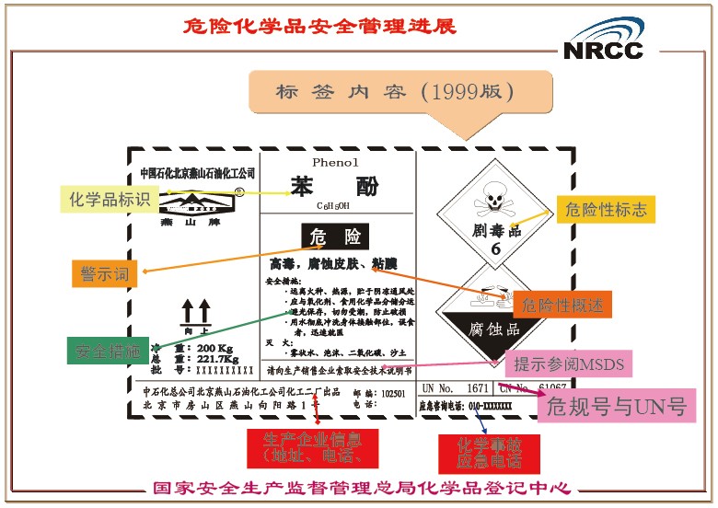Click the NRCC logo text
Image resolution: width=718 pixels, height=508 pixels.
(603, 50)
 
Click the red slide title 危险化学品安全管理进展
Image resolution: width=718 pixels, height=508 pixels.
(320, 25)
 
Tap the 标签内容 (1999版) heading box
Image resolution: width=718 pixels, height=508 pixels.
(394, 92)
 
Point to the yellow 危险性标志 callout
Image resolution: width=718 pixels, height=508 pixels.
(606, 210)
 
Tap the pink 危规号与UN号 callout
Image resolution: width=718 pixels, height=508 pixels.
(617, 405)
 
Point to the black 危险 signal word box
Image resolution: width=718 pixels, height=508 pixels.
(334, 237)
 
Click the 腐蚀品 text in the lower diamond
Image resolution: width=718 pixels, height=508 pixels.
(493, 329)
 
